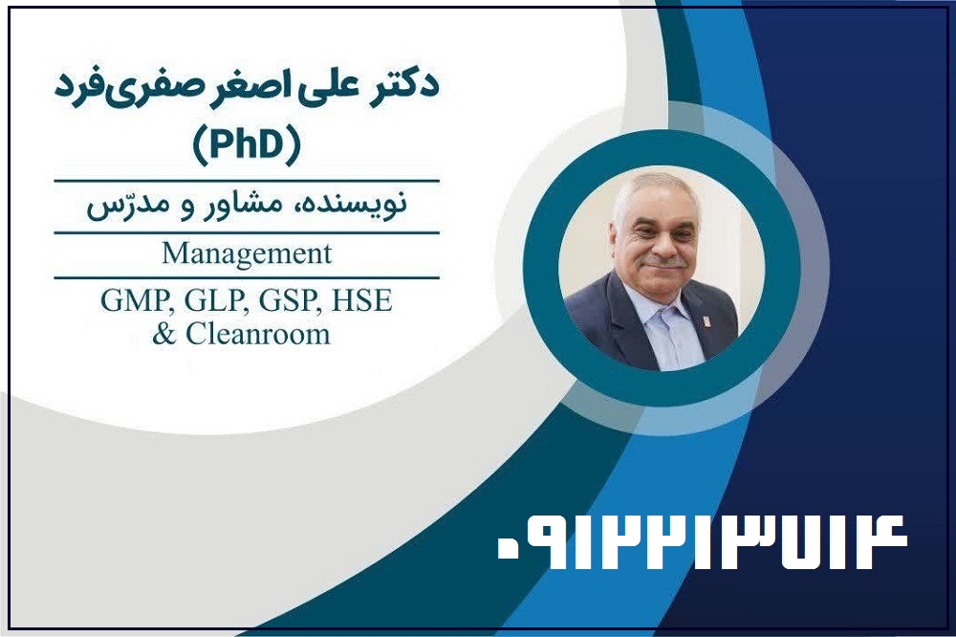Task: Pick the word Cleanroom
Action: click(257, 334)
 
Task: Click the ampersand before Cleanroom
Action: click(163, 335)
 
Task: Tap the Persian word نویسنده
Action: click(356, 203)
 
